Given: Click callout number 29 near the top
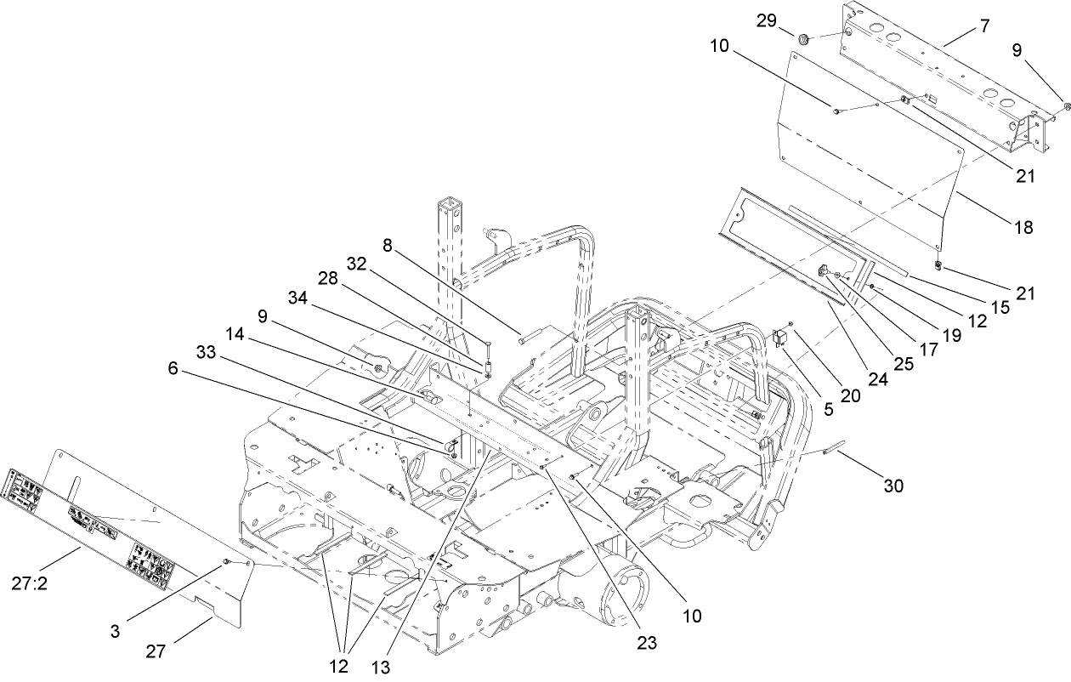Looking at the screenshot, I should (767, 21).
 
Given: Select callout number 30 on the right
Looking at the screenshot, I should (892, 486).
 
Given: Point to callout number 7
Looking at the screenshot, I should (984, 26).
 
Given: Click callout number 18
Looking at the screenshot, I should (1023, 227).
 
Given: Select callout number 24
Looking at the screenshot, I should (877, 381).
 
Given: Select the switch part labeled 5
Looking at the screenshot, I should (779, 339).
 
